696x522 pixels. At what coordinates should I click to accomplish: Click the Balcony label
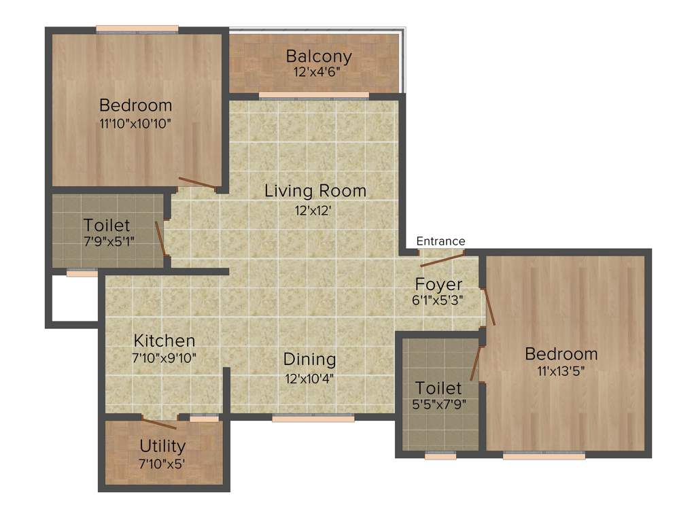[318, 56]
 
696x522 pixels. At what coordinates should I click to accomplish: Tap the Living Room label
[315, 191]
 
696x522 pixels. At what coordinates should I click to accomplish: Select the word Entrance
[440, 241]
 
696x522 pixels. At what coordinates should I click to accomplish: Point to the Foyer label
[439, 284]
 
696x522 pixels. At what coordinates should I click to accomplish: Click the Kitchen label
[164, 341]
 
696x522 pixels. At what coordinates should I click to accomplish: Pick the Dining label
[310, 359]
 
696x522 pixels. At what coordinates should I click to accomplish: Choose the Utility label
[162, 446]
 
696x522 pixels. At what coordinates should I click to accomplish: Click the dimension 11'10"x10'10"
[135, 124]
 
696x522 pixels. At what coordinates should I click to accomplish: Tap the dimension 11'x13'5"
[561, 371]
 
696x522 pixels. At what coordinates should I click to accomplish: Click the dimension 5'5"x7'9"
[438, 404]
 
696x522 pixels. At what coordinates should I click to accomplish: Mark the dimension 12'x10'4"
[310, 377]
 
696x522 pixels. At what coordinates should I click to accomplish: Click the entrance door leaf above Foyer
[442, 259]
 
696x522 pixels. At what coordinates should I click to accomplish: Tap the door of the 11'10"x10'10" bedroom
[198, 183]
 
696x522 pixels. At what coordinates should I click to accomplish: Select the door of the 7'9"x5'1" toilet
[160, 237]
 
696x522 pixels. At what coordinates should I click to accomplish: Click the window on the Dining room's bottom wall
[313, 419]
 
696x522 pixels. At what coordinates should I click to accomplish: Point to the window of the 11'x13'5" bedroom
[544, 456]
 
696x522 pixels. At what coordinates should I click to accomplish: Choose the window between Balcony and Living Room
[314, 95]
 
